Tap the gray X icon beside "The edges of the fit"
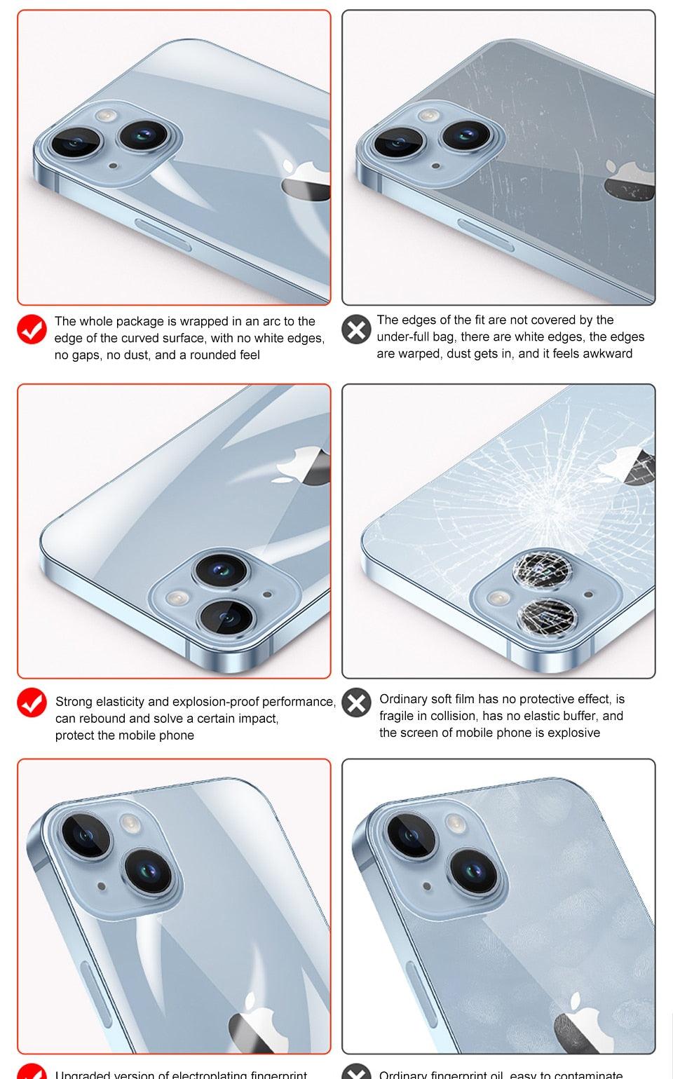pyautogui.click(x=356, y=329)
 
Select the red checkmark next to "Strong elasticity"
pyautogui.click(x=32, y=702)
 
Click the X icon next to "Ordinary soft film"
pyautogui.click(x=356, y=702)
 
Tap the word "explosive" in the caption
pyautogui.click(x=574, y=733)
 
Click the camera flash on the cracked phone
pyautogui.click(x=498, y=597)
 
